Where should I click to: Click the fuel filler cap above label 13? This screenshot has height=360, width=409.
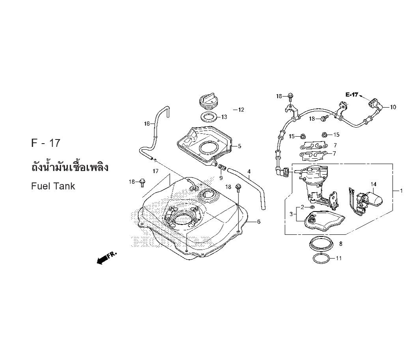coord(209,101)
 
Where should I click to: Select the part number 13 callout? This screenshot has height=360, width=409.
coord(224,117)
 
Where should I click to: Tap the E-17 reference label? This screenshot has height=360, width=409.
coord(351,95)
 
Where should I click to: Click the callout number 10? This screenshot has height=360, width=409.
coord(393,108)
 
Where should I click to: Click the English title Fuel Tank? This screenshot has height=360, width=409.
coord(53,186)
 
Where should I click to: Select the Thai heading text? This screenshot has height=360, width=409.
coord(70,168)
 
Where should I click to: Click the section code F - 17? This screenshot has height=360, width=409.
coord(46,143)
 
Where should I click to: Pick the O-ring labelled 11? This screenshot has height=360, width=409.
coord(321,259)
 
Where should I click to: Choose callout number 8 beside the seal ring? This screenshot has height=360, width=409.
coord(341,244)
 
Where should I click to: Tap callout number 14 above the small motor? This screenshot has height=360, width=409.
coord(373,184)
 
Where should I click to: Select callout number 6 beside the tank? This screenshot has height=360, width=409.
coord(258,222)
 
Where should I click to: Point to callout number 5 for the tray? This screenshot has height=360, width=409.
coord(240,146)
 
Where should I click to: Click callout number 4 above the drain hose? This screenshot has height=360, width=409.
coord(249,171)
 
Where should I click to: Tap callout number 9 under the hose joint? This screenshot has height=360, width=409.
coord(221,178)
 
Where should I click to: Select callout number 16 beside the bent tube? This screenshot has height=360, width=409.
coord(147,124)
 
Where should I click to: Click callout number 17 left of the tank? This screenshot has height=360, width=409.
coord(155,171)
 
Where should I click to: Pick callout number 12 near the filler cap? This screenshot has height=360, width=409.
coord(241,110)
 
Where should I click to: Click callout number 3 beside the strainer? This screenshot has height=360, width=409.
coord(292,214)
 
